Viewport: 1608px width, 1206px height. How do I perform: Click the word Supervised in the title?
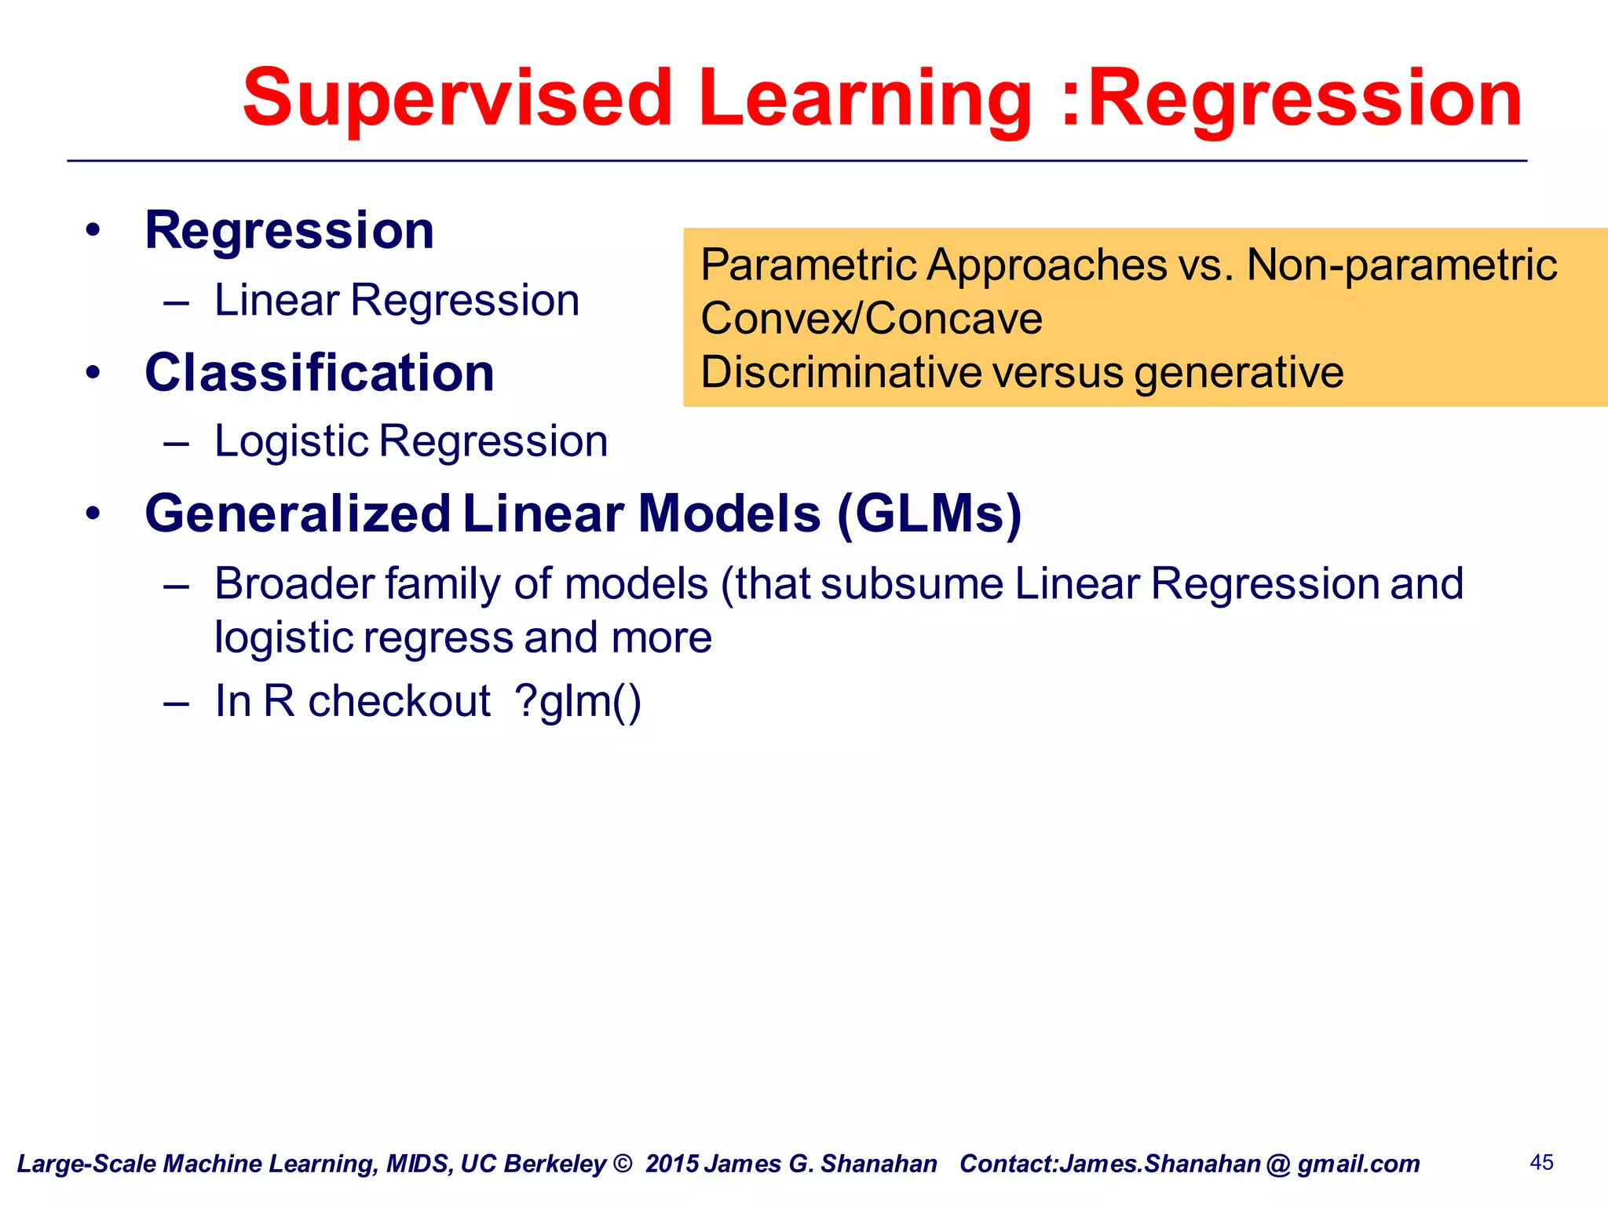[457, 98]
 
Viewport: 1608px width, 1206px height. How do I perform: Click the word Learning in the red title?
[864, 98]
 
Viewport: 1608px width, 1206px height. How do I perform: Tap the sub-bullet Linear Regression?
[397, 301]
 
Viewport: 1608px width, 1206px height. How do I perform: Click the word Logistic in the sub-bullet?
[291, 441]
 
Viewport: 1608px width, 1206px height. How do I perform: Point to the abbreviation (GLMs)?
[929, 514]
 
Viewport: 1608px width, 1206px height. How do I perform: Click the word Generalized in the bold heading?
[298, 514]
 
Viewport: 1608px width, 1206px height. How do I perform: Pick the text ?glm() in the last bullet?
[578, 701]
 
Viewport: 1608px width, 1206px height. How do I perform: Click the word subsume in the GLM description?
[912, 585]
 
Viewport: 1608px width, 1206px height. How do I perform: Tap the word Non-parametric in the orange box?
[1402, 265]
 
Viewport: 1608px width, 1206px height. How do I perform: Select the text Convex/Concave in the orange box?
[872, 319]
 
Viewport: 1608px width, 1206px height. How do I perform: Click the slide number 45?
[1541, 1162]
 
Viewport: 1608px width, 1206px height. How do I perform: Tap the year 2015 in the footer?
[671, 1164]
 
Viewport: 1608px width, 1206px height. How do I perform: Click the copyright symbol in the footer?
[623, 1164]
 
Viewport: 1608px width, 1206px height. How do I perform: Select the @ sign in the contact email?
[1278, 1164]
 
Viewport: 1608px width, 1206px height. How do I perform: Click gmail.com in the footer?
[1358, 1164]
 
